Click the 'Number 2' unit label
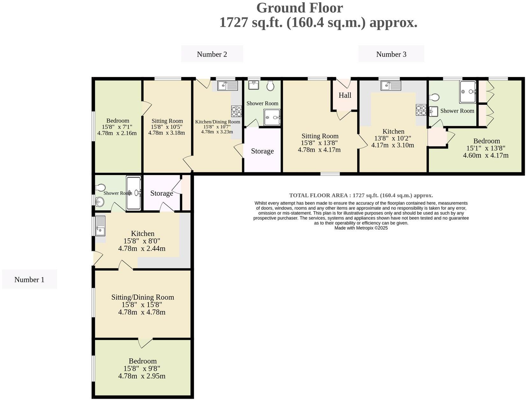pos(212,54)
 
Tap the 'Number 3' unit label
pos(391,54)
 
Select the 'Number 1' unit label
pos(29,280)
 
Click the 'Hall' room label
pos(345,95)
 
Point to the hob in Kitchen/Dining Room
pos(236,111)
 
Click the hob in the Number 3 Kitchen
pos(421,110)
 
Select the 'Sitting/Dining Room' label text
pos(142,297)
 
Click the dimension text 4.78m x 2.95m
pos(142,376)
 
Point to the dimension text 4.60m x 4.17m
pos(486,155)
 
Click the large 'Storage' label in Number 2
pos(262,151)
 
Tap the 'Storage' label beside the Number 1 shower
pos(162,193)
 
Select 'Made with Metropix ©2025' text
pos(361,228)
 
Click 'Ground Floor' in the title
pos(299,8)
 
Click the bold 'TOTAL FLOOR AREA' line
pos(361,195)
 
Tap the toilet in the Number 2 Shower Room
pos(270,85)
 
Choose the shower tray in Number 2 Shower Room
pos(272,117)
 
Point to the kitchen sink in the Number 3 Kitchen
pos(391,86)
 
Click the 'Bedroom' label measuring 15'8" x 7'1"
pos(118,121)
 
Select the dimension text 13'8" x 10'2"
pos(393,138)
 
